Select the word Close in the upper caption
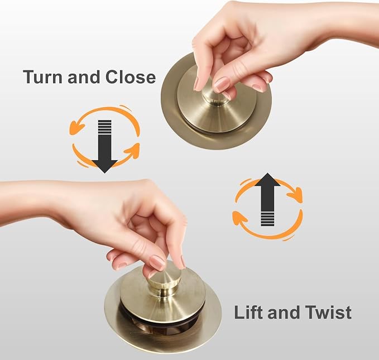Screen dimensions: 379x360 [131, 76]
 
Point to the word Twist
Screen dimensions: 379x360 [328, 312]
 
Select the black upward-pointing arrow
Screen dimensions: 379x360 [267, 199]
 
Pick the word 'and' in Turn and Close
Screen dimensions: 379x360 [84, 76]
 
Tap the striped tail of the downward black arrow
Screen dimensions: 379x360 [105, 127]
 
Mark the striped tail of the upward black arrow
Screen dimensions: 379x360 [267, 218]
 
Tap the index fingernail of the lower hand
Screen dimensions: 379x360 [157, 263]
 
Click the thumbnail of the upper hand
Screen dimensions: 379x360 [196, 83]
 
